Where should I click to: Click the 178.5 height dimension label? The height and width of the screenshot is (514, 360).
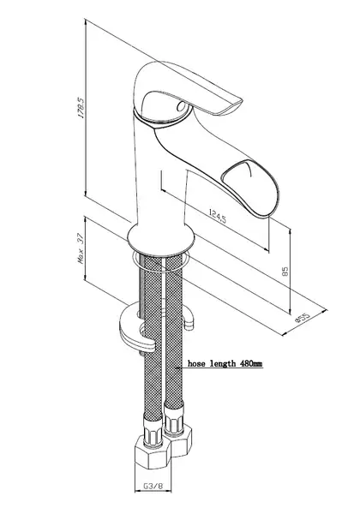click(x=81, y=108)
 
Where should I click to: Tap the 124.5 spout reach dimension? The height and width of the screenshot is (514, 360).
click(x=218, y=216)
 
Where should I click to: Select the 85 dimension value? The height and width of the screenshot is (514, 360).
click(x=285, y=271)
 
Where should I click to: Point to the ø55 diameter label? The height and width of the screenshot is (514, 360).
click(x=303, y=318)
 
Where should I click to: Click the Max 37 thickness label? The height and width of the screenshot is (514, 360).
click(x=81, y=248)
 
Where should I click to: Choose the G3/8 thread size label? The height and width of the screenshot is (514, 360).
click(x=153, y=486)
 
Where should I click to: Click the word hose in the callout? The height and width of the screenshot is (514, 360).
click(x=197, y=363)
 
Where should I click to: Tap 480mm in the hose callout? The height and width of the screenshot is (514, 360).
click(x=251, y=363)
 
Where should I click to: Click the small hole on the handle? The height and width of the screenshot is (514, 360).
click(x=181, y=105)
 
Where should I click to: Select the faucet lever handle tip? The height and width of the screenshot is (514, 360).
click(x=231, y=105)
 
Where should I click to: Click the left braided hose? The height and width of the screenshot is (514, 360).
click(x=153, y=338)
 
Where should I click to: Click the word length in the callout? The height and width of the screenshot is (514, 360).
click(x=223, y=363)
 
